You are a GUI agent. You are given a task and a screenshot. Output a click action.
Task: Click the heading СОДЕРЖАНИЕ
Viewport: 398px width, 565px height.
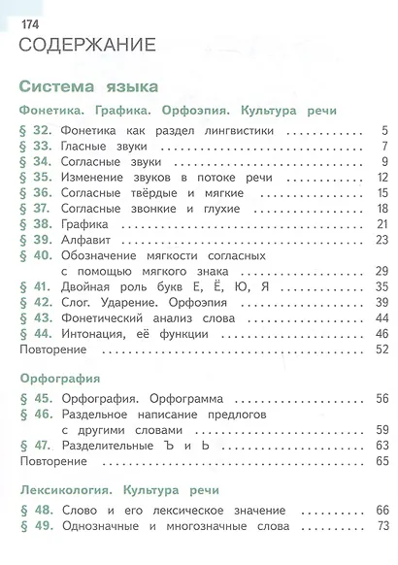point(87,45)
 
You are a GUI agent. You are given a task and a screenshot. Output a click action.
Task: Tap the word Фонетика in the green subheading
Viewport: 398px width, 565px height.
point(52,111)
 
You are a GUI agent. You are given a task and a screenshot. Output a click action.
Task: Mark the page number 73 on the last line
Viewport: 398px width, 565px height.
point(381,525)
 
